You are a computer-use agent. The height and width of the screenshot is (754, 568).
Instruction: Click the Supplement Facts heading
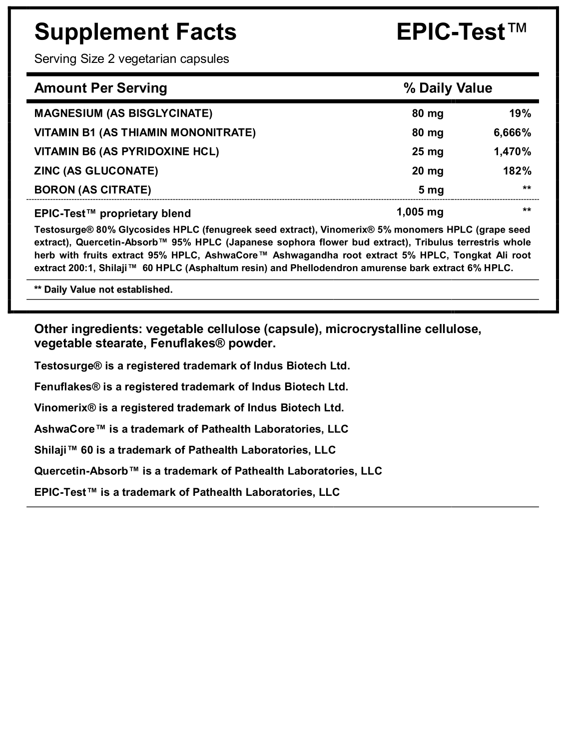(x=135, y=32)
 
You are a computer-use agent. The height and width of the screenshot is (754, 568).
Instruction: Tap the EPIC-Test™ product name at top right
(x=461, y=32)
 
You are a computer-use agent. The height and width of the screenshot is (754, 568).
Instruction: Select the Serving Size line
(x=131, y=59)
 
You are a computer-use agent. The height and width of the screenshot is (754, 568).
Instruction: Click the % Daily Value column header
(x=448, y=88)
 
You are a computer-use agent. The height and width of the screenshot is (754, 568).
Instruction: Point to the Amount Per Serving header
(x=100, y=88)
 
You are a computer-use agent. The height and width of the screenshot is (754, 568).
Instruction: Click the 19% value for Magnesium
(x=520, y=113)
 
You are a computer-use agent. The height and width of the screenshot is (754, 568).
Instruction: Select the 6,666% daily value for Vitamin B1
(x=512, y=132)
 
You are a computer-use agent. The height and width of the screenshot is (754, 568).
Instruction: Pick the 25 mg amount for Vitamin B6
(x=428, y=151)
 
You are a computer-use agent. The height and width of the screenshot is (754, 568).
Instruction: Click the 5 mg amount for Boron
(x=431, y=190)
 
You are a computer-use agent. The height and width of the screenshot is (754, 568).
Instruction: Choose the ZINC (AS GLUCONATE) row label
(x=96, y=171)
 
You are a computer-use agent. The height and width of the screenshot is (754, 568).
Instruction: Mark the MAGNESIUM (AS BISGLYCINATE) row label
(x=123, y=113)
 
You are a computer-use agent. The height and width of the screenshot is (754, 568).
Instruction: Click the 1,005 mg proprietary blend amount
(x=420, y=212)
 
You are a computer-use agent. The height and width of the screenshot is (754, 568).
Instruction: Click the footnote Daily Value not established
(x=103, y=290)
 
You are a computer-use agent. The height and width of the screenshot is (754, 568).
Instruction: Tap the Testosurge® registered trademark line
(x=192, y=366)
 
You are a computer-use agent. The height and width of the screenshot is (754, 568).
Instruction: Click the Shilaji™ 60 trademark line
(x=185, y=450)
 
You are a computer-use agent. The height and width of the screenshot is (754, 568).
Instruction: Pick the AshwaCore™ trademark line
(x=191, y=429)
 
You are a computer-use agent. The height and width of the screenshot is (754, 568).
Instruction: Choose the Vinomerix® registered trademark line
(x=189, y=407)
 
